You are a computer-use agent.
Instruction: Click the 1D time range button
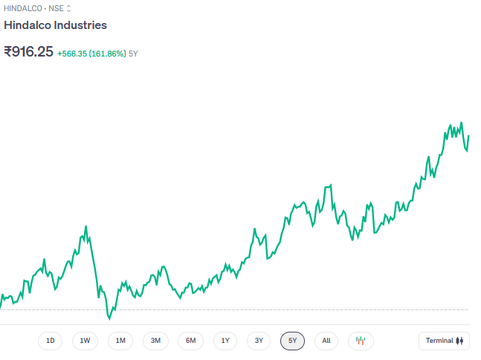pos(51,341)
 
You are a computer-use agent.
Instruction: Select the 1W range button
pos(85,341)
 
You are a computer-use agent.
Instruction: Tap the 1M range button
pos(120,341)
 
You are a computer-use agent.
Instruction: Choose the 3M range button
pos(155,341)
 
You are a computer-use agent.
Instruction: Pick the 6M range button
pos(190,341)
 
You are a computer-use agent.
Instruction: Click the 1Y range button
pos(225,341)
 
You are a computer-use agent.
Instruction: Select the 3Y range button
pos(259,341)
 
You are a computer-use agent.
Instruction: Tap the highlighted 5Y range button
pos(293,341)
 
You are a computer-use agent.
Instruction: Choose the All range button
pos(326,341)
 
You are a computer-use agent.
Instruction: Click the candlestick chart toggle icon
pos(361,341)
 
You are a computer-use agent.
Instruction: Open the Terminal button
pos(444,341)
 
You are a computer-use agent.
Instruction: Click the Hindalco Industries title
pos(56,25)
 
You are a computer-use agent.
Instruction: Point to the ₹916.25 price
pos(28,52)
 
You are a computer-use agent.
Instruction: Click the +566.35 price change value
pos(72,54)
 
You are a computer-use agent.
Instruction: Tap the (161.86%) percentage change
pos(108,54)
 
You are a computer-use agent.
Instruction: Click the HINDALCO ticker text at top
pos(22,8)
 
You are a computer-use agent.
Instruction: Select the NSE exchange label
pos(57,8)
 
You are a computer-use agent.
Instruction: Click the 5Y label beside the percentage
pos(133,54)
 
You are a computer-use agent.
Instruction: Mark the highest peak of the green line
pos(462,123)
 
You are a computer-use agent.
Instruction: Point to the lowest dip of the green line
pos(109,318)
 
